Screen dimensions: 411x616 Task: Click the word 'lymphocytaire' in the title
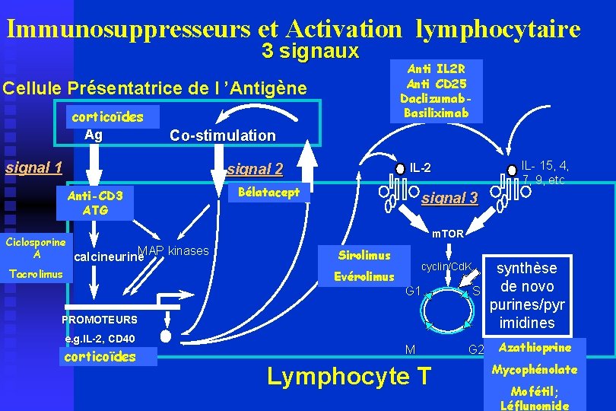click(x=498, y=29)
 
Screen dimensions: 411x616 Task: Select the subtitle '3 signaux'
click(x=310, y=52)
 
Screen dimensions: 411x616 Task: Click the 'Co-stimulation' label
click(x=222, y=135)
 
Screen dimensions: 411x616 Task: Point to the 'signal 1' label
click(x=33, y=167)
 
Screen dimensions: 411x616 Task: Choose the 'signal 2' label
click(x=255, y=169)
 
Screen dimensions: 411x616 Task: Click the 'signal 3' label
click(x=449, y=199)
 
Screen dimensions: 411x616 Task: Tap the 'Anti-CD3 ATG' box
click(x=95, y=202)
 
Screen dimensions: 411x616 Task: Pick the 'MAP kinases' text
click(x=173, y=250)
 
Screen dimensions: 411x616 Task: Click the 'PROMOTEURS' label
click(x=100, y=320)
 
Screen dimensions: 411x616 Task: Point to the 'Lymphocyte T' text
click(x=348, y=376)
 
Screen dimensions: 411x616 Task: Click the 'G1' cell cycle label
click(x=413, y=291)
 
